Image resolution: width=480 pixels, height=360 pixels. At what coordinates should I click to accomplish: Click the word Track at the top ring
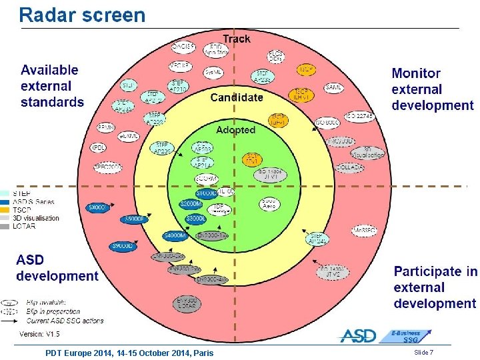237,39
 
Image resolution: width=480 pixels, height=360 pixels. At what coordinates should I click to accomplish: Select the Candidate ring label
237,97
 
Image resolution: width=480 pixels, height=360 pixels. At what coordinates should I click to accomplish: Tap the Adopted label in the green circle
235,130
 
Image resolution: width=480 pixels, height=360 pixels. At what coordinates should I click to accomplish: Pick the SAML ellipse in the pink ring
334,87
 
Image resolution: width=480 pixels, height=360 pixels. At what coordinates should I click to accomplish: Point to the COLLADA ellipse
351,167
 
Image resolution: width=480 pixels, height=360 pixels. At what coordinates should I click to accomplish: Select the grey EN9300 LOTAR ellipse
188,304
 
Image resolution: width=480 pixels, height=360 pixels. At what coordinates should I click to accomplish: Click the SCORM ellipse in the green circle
206,179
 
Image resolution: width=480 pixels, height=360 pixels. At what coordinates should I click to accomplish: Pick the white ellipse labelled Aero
270,204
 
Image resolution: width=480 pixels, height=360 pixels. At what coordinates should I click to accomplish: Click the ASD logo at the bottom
358,336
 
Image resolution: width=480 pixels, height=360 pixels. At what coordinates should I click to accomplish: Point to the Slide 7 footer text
423,352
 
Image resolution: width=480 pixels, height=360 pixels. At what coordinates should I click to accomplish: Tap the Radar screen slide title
82,15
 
